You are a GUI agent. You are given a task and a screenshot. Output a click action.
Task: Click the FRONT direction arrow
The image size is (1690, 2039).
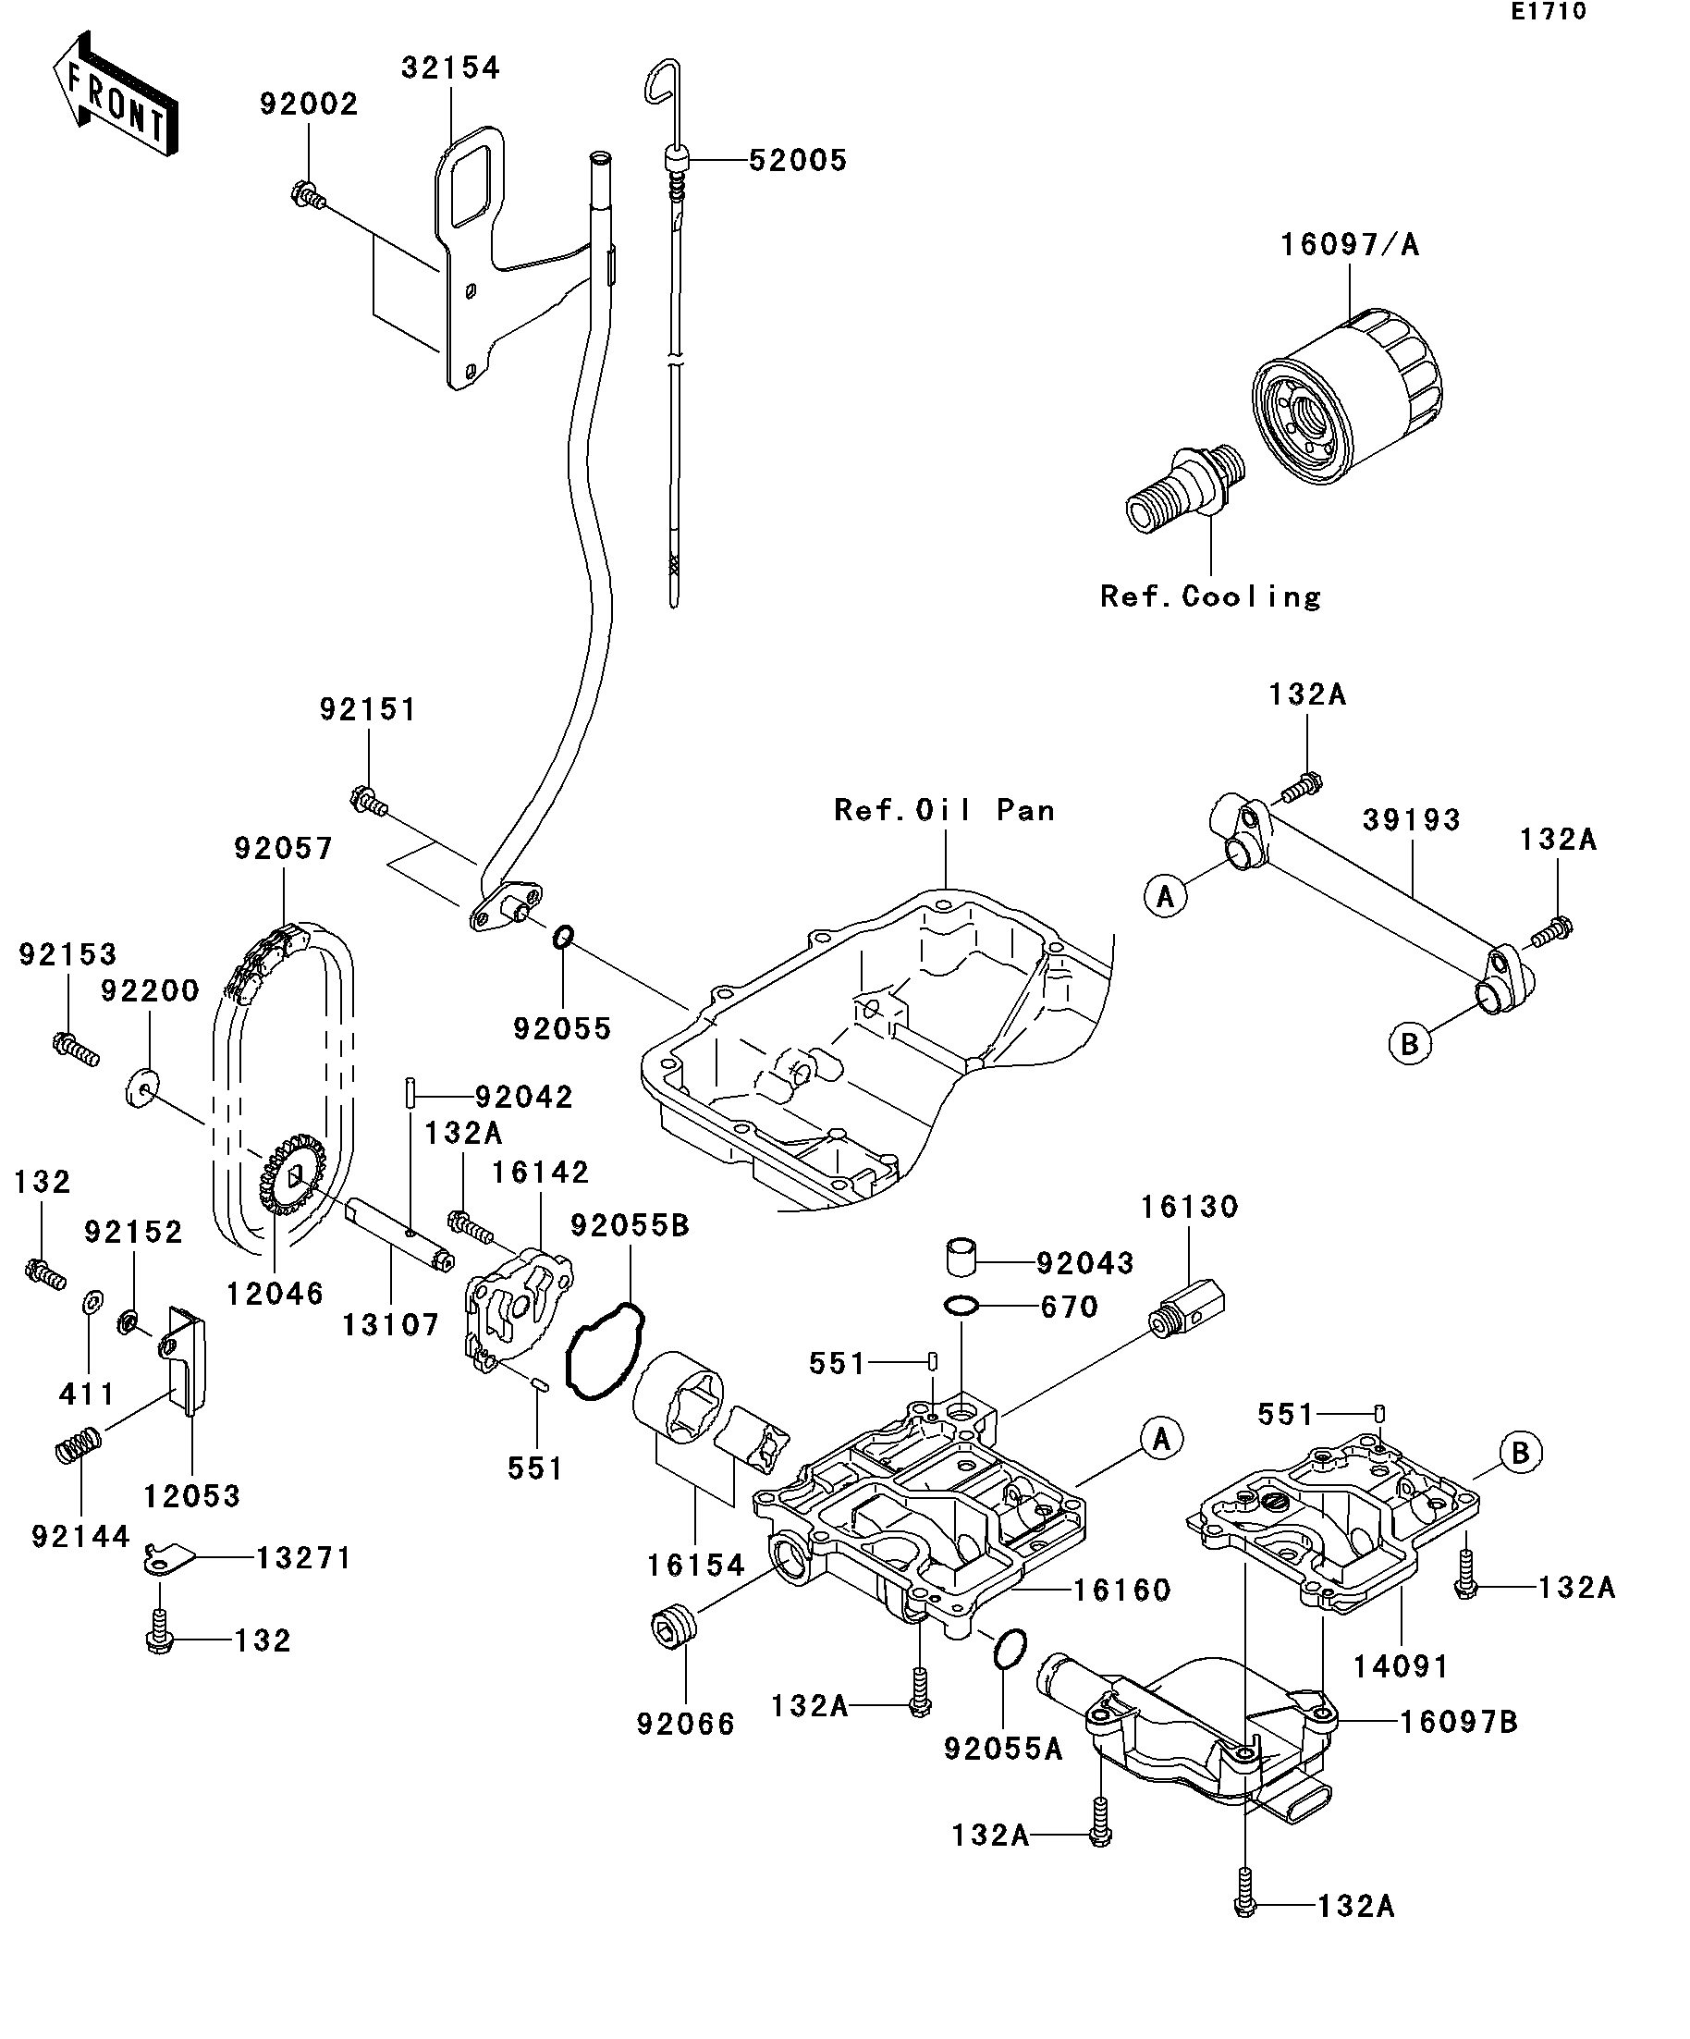[x=115, y=95]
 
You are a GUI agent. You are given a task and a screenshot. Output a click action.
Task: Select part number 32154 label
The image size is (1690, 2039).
[x=450, y=68]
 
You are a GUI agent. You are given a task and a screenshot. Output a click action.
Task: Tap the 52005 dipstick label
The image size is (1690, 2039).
[x=797, y=160]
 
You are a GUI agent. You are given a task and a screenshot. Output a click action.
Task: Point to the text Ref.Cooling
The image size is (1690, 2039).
[x=1209, y=596]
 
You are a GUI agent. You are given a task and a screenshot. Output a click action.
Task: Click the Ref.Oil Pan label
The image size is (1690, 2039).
[x=944, y=810]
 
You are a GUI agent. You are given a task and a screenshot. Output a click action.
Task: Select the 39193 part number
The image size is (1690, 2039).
[x=1411, y=819]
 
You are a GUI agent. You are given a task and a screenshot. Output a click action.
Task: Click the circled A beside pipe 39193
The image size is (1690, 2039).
[x=1165, y=895]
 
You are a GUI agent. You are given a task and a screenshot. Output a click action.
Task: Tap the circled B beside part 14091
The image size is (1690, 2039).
[x=1520, y=1453]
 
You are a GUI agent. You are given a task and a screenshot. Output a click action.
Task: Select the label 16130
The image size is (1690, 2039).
[x=1188, y=1207]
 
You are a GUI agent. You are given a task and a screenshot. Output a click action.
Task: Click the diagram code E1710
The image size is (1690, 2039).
[x=1548, y=12]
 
